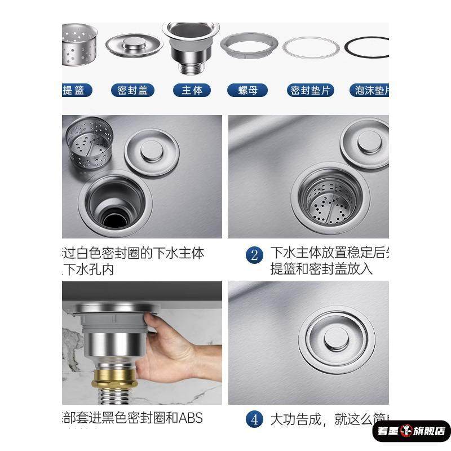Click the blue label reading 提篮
coord(74,90)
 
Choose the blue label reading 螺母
coord(247,90)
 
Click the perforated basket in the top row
coord(78,46)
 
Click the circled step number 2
coord(254,255)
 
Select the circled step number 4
coord(254,419)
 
